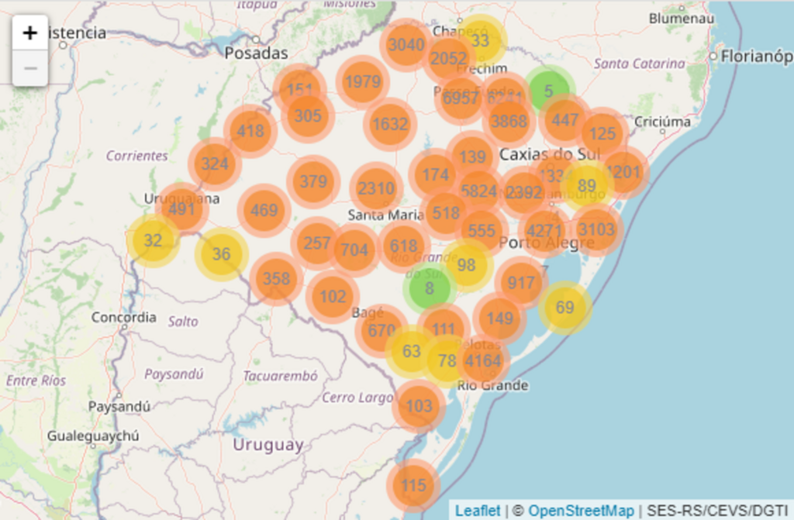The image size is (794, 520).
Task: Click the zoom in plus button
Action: coord(30,33)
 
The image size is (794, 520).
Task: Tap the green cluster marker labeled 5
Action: coord(548,91)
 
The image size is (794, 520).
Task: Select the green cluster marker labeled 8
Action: coord(429,288)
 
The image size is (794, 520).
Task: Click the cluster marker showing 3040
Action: coord(406,45)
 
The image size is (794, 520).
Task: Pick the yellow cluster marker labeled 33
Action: coord(481,40)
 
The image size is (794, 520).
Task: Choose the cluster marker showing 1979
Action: coord(363,82)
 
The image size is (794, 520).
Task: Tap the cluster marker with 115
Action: coord(414,486)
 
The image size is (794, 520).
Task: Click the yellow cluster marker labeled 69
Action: coord(565,308)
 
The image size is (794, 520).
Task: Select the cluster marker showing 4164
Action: coord(483,360)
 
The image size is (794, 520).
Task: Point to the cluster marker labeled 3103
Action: coord(596,229)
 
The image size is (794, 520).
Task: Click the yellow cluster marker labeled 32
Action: coord(153,240)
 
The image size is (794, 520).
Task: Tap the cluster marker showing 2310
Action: coord(377,188)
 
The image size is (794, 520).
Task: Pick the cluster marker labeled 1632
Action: coord(390,124)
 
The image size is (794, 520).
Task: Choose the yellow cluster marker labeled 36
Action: coord(221,254)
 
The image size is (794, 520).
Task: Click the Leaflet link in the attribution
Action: coord(478,511)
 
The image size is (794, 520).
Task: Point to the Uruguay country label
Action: coord(268,445)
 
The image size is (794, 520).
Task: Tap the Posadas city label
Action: coord(256,53)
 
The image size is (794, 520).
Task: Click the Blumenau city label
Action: coord(681,17)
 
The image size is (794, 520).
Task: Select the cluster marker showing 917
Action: coord(521,283)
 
